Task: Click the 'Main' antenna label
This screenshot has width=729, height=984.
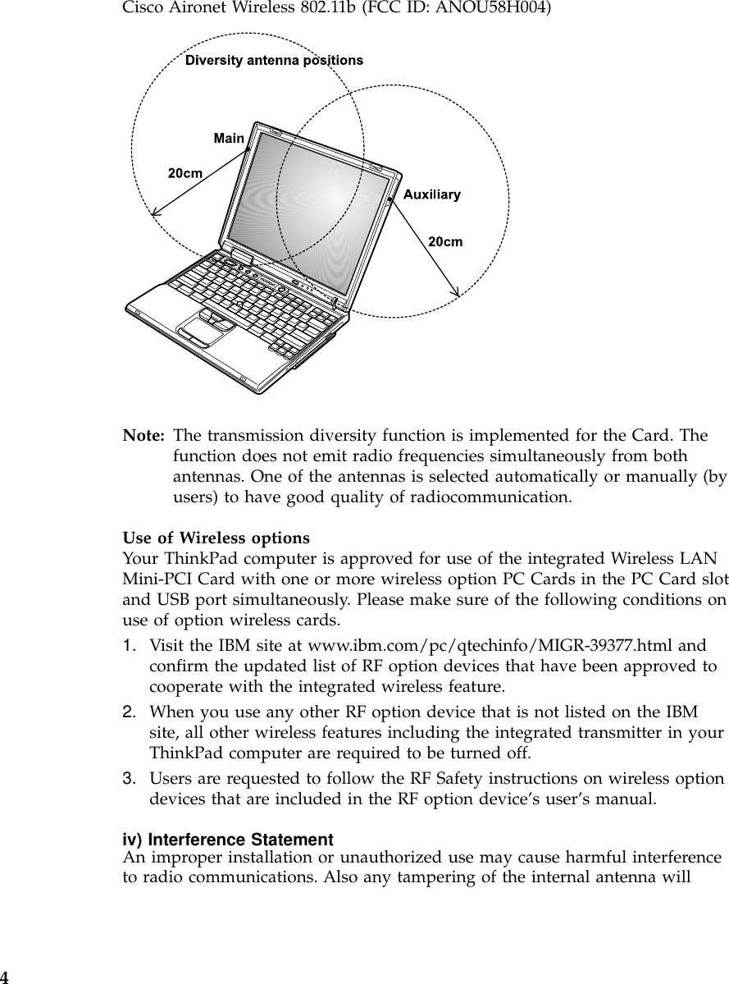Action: tap(229, 138)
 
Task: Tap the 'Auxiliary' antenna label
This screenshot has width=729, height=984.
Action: tap(431, 195)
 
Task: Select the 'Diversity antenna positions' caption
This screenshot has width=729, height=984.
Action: tap(275, 60)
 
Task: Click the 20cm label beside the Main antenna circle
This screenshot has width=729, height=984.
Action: tap(186, 173)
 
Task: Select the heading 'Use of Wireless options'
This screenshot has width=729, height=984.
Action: tap(216, 538)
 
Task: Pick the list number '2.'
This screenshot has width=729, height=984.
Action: tap(130, 709)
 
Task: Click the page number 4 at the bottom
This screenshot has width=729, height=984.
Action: tap(5, 977)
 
